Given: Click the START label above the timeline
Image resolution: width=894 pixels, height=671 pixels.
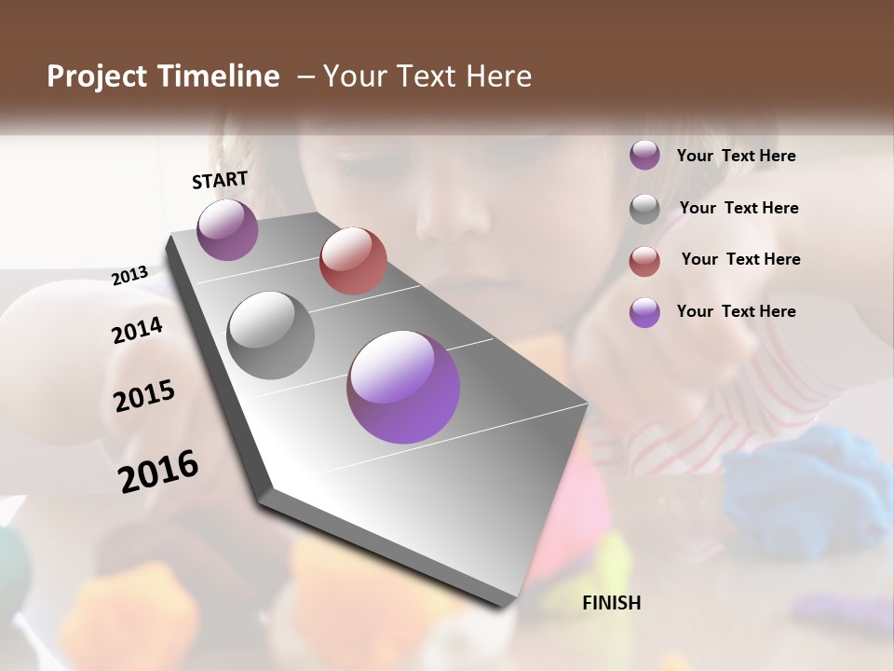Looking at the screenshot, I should pos(220,180).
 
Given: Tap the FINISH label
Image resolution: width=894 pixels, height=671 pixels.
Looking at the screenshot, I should pos(611,603).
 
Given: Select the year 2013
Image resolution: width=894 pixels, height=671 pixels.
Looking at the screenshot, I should pos(130,276).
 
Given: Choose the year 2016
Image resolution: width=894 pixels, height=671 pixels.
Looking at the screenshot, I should pos(158,471).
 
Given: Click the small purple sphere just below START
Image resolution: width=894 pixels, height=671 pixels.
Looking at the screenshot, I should pos(227,229).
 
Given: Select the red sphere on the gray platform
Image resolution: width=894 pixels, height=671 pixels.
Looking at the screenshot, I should pos(353,260).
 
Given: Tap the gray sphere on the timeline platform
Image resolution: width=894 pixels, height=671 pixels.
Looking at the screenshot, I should pos(270,335).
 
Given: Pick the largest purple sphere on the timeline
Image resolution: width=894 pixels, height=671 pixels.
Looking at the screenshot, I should pos(403,387).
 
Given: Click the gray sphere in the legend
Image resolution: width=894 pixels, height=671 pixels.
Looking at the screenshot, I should pos(644,209).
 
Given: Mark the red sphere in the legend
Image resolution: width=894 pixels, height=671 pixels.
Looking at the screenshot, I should pos(644,261).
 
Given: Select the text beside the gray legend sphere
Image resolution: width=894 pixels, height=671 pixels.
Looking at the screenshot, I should pos(738,208).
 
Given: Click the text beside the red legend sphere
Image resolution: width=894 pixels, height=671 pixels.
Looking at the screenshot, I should pos(740,259).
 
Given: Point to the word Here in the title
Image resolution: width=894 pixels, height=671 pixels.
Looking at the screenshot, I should pos(497,76).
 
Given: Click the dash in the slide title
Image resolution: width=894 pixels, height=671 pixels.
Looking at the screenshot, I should pos(305,76).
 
